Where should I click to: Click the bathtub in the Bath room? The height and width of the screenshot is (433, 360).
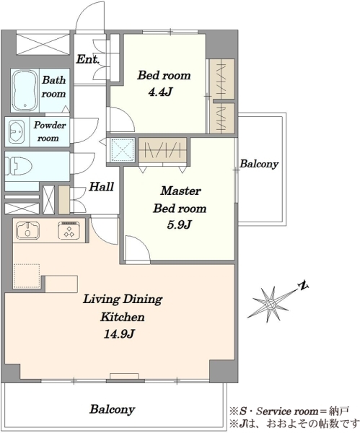(x=25, y=91)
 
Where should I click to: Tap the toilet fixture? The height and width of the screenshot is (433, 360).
(x=19, y=166)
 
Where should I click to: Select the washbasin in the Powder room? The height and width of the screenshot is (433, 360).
(x=17, y=132)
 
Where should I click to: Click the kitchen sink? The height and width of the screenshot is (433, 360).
(x=27, y=230)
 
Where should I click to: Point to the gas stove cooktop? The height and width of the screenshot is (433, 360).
(x=69, y=230)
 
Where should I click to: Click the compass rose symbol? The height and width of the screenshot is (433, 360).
(x=271, y=304)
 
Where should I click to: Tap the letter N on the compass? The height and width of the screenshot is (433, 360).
(x=304, y=286)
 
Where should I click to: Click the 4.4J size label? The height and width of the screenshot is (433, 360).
(x=160, y=92)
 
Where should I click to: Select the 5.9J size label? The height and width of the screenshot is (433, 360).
(x=179, y=224)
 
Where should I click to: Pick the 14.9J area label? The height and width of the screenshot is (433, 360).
(x=119, y=334)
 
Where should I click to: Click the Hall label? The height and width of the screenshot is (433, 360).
(x=101, y=187)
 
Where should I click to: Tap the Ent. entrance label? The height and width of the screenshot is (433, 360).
(x=88, y=59)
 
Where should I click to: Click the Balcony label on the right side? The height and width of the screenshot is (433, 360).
(x=259, y=164)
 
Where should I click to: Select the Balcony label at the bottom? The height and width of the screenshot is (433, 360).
(x=112, y=409)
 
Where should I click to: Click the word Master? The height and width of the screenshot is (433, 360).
(x=181, y=191)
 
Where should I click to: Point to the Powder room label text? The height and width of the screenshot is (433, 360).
(x=49, y=131)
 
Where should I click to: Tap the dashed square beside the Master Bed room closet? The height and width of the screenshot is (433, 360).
(x=123, y=149)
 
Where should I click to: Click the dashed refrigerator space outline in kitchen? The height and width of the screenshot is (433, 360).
(x=27, y=276)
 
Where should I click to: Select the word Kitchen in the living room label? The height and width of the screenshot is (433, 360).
(x=123, y=317)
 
